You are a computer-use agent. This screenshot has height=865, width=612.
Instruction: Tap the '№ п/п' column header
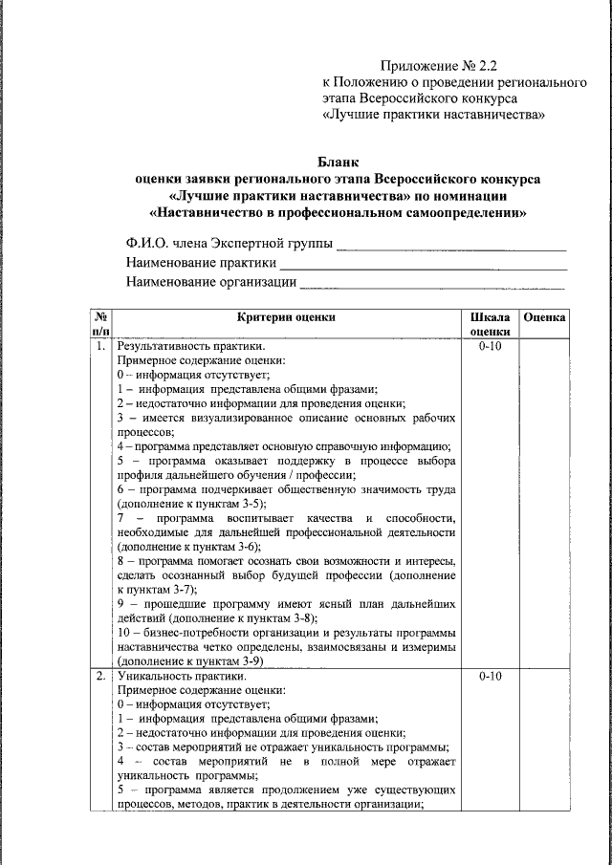tap(100, 324)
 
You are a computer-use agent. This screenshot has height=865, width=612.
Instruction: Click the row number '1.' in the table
tap(100, 346)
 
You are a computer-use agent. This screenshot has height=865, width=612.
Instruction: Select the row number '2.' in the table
tap(100, 677)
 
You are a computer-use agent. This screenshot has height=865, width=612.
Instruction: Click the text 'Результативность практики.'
tap(186, 346)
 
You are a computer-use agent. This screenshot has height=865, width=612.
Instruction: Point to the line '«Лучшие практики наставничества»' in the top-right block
tap(434, 116)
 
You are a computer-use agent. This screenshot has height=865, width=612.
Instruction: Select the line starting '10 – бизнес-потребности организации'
tap(286, 634)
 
